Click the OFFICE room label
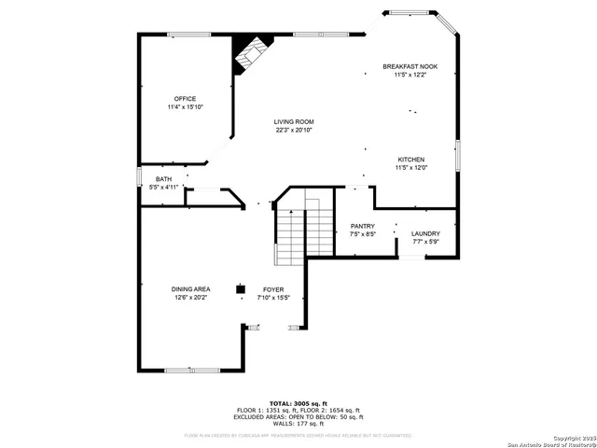click(x=185, y=98)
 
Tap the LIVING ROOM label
click(x=293, y=122)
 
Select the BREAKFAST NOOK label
click(x=410, y=66)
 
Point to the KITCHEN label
click(x=411, y=160)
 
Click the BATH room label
click(x=163, y=179)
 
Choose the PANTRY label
click(x=362, y=226)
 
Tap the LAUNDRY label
click(x=425, y=233)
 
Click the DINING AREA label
click(x=190, y=289)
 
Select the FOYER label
click(x=273, y=289)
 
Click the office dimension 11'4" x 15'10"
click(x=185, y=107)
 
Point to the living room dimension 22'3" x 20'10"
click(x=293, y=131)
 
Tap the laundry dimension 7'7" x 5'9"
click(x=425, y=242)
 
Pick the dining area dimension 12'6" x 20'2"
click(x=190, y=298)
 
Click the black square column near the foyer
click(x=240, y=288)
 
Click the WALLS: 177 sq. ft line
click(x=298, y=424)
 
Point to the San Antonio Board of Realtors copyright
click(x=554, y=441)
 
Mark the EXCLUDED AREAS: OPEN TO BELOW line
click(x=298, y=417)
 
